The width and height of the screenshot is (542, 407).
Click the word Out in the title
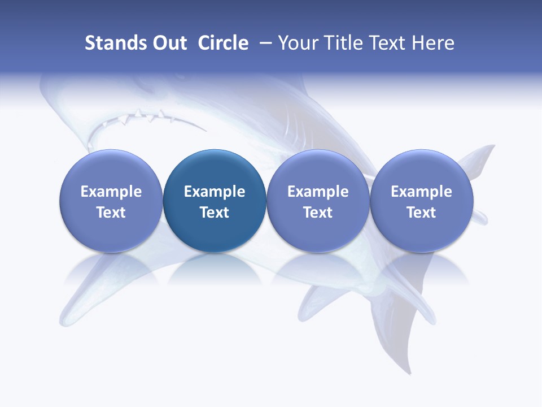168,43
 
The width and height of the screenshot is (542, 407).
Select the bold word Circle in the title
223,43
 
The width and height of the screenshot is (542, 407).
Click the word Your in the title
296,43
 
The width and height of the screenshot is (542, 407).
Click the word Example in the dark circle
215,192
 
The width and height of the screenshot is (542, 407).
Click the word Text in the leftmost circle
111,213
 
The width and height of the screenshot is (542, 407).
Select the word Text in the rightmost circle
421,213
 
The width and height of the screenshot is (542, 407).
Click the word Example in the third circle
318,192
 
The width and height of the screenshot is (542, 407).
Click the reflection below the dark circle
215,269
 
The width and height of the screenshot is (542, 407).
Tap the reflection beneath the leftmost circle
111,269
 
